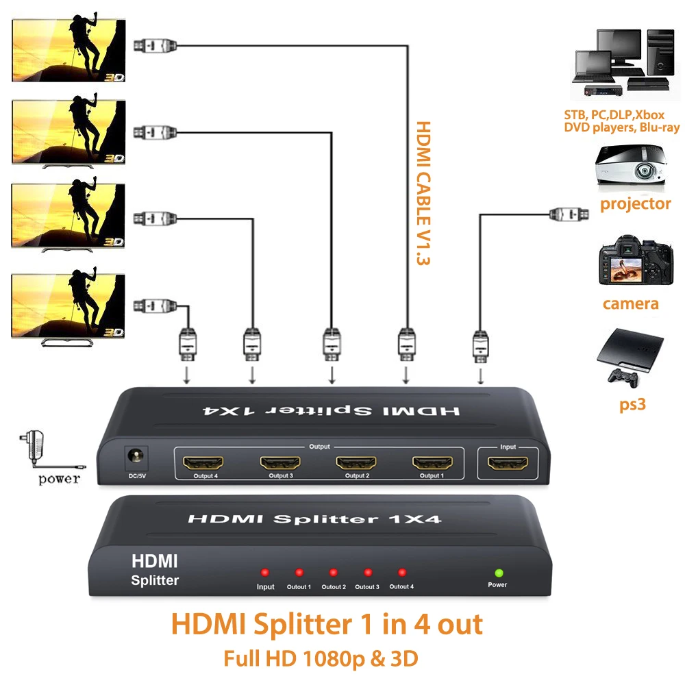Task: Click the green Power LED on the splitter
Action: pyautogui.click(x=499, y=573)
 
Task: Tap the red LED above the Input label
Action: pyautogui.click(x=264, y=572)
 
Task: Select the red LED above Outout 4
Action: pyautogui.click(x=402, y=572)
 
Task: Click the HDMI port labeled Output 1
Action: pyautogui.click(x=432, y=462)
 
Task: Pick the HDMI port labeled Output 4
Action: pyautogui.click(x=203, y=462)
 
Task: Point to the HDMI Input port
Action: pyautogui.click(x=508, y=462)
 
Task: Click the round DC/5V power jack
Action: pyautogui.click(x=136, y=457)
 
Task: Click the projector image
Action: pyautogui.click(x=632, y=168)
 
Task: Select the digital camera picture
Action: pyautogui.click(x=636, y=260)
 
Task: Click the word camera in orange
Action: pyautogui.click(x=630, y=303)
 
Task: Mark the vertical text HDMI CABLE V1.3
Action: pyautogui.click(x=423, y=193)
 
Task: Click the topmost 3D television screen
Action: pyautogui.click(x=68, y=50)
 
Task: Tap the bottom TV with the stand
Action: pyautogui.click(x=68, y=308)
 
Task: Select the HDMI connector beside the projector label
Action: pyautogui.click(x=569, y=214)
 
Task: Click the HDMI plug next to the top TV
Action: pyautogui.click(x=155, y=45)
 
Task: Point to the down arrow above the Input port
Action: pyautogui.click(x=481, y=375)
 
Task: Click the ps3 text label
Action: pyautogui.click(x=632, y=405)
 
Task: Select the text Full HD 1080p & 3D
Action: pyautogui.click(x=321, y=659)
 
